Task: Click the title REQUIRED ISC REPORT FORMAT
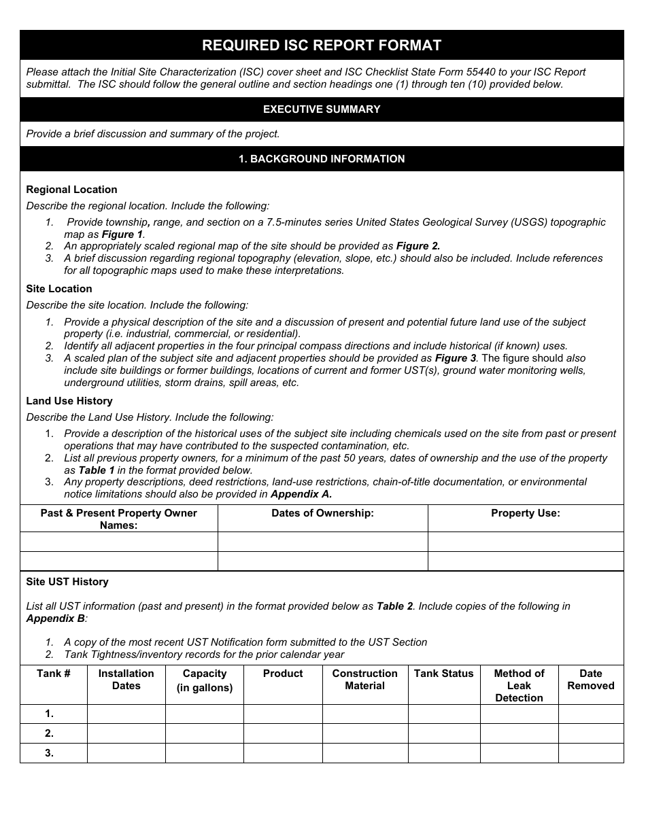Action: coord(322,46)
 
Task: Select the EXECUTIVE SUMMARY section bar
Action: coord(322,109)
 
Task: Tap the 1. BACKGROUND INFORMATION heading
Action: coord(322,159)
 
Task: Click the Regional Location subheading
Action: coord(71,190)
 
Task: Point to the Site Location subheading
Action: coord(59,289)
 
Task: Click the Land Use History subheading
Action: coord(69,401)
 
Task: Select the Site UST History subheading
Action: coord(67,582)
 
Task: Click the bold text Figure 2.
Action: coord(418,246)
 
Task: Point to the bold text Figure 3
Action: coord(456,358)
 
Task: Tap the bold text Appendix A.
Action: coord(301,494)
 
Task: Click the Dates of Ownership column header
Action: coord(322,513)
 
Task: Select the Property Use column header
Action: coord(526,513)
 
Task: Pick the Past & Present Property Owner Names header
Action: coord(119,519)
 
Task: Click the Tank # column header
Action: coord(54,674)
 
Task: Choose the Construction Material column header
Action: coord(364,680)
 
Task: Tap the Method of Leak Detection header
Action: coord(519,685)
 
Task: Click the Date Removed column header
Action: coord(590,680)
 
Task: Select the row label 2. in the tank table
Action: coord(49,733)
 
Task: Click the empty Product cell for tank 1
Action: coord(283,714)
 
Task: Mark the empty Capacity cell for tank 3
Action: coord(204,753)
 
